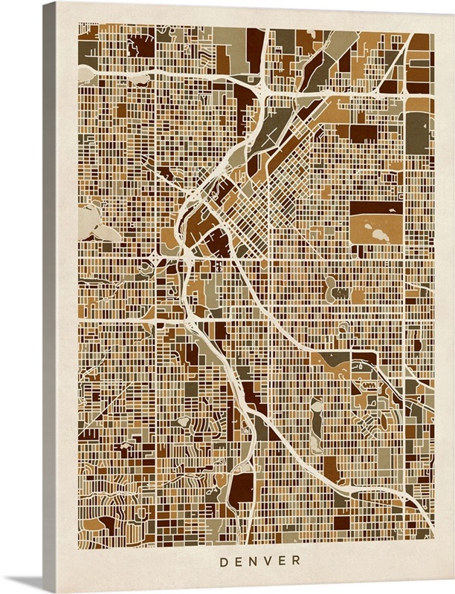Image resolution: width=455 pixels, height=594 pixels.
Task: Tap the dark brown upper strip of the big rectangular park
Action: [376, 208]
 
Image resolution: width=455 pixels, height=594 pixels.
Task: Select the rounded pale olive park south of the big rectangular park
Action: [331, 285]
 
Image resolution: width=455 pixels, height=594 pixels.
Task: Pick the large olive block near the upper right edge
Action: [417, 134]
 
